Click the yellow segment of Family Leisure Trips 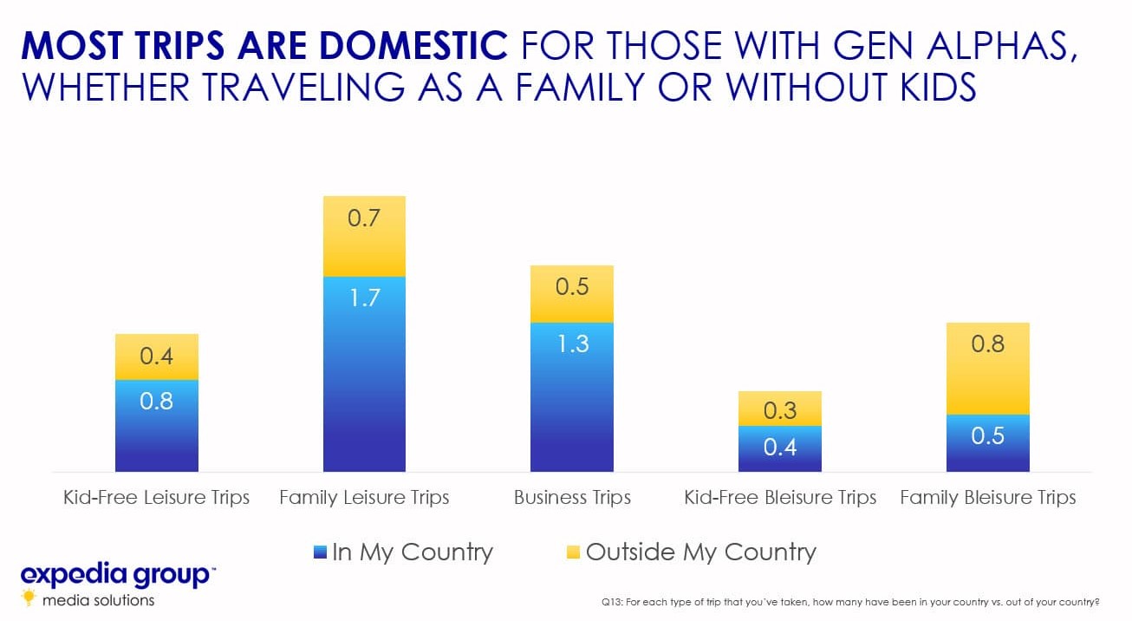click(x=364, y=236)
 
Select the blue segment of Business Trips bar click(x=572, y=397)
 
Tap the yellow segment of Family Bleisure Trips click(x=988, y=369)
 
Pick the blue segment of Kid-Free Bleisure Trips click(x=780, y=449)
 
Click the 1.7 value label click(x=365, y=297)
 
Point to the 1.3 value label click(x=573, y=343)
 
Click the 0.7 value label click(x=364, y=219)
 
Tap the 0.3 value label click(x=780, y=410)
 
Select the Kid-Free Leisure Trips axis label click(x=156, y=498)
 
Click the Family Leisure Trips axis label click(x=364, y=498)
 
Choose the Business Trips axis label click(x=573, y=498)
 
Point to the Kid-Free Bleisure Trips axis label click(x=780, y=498)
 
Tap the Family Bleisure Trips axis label click(x=988, y=498)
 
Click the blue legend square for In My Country click(x=320, y=552)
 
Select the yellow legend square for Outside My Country click(x=573, y=552)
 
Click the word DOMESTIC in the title click(x=413, y=45)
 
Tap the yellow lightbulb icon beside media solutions click(x=29, y=598)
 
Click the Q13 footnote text click(x=850, y=602)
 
